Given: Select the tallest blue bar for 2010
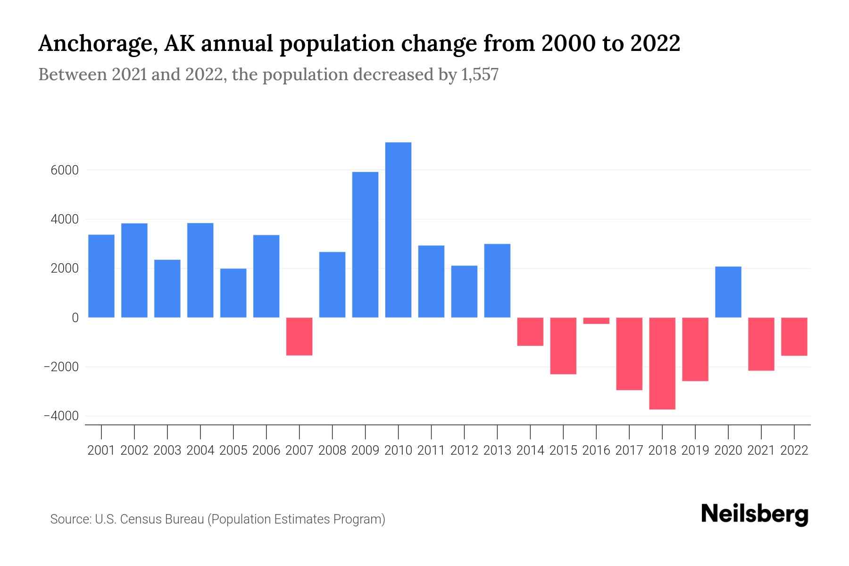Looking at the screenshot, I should tap(398, 230).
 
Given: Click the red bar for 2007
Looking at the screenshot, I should tap(299, 336).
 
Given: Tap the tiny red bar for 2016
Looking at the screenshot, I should tap(596, 321).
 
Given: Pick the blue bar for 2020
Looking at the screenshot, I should tap(728, 292).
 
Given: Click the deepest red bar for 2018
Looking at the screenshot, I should tap(662, 363).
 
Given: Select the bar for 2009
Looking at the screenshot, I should tap(365, 244).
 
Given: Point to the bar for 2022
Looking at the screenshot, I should tap(794, 336).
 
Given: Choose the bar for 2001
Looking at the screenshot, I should tap(101, 276).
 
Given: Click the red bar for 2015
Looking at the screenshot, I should tap(563, 346).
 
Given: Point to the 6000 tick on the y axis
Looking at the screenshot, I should tap(65, 170).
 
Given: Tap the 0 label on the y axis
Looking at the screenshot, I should tap(75, 318).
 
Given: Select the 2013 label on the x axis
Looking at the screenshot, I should tap(497, 450).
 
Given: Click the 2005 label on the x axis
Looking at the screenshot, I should tap(233, 450).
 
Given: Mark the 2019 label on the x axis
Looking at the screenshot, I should tap(695, 450).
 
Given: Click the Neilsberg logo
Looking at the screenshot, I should tap(755, 515).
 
